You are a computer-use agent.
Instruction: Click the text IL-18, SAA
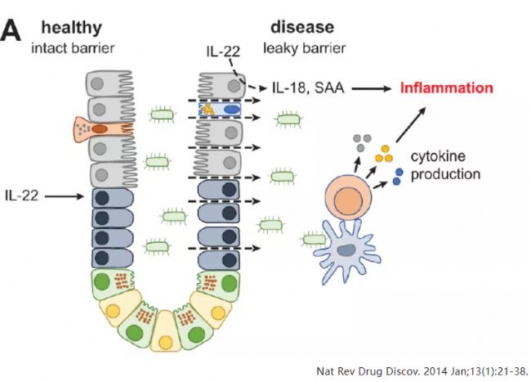pyautogui.click(x=307, y=88)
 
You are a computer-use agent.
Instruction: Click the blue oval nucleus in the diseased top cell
pyautogui.click(x=233, y=109)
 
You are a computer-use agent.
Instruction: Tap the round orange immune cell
pyautogui.click(x=348, y=201)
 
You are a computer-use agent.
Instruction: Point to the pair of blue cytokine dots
pyautogui.click(x=399, y=175)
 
